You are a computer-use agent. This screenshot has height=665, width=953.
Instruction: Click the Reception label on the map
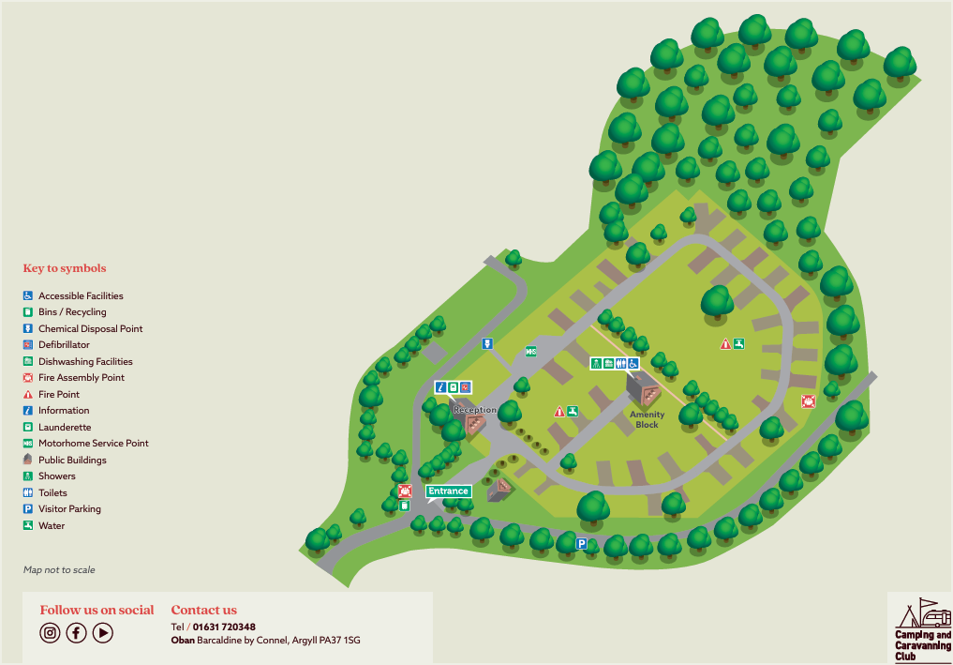(x=475, y=410)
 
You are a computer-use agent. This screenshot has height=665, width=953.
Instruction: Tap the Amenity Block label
(x=647, y=419)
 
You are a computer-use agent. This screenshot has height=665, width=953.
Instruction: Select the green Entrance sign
(x=448, y=491)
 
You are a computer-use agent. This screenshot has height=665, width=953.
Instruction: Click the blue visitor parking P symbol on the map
(x=581, y=543)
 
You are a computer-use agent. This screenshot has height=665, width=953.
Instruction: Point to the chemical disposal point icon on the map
(x=487, y=343)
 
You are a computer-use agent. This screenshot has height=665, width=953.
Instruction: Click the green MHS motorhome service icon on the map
(x=530, y=352)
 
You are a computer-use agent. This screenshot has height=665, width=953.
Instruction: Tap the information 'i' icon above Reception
(x=439, y=386)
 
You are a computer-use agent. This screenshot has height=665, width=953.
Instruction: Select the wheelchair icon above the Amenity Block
(x=633, y=363)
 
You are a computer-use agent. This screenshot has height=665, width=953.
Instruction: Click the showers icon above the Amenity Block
(x=596, y=363)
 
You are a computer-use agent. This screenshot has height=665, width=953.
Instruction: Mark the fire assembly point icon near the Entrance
(x=405, y=491)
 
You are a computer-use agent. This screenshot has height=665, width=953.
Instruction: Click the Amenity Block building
(x=643, y=387)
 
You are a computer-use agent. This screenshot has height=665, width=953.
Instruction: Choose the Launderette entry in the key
(x=65, y=427)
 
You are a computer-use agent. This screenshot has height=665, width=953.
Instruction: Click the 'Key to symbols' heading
(x=65, y=268)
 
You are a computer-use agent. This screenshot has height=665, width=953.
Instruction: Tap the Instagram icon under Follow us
(x=50, y=633)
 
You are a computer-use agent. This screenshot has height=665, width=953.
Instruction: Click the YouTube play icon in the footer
(x=103, y=633)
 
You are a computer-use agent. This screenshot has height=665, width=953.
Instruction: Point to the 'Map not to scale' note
(x=59, y=569)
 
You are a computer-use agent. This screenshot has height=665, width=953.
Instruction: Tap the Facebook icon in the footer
(x=76, y=633)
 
